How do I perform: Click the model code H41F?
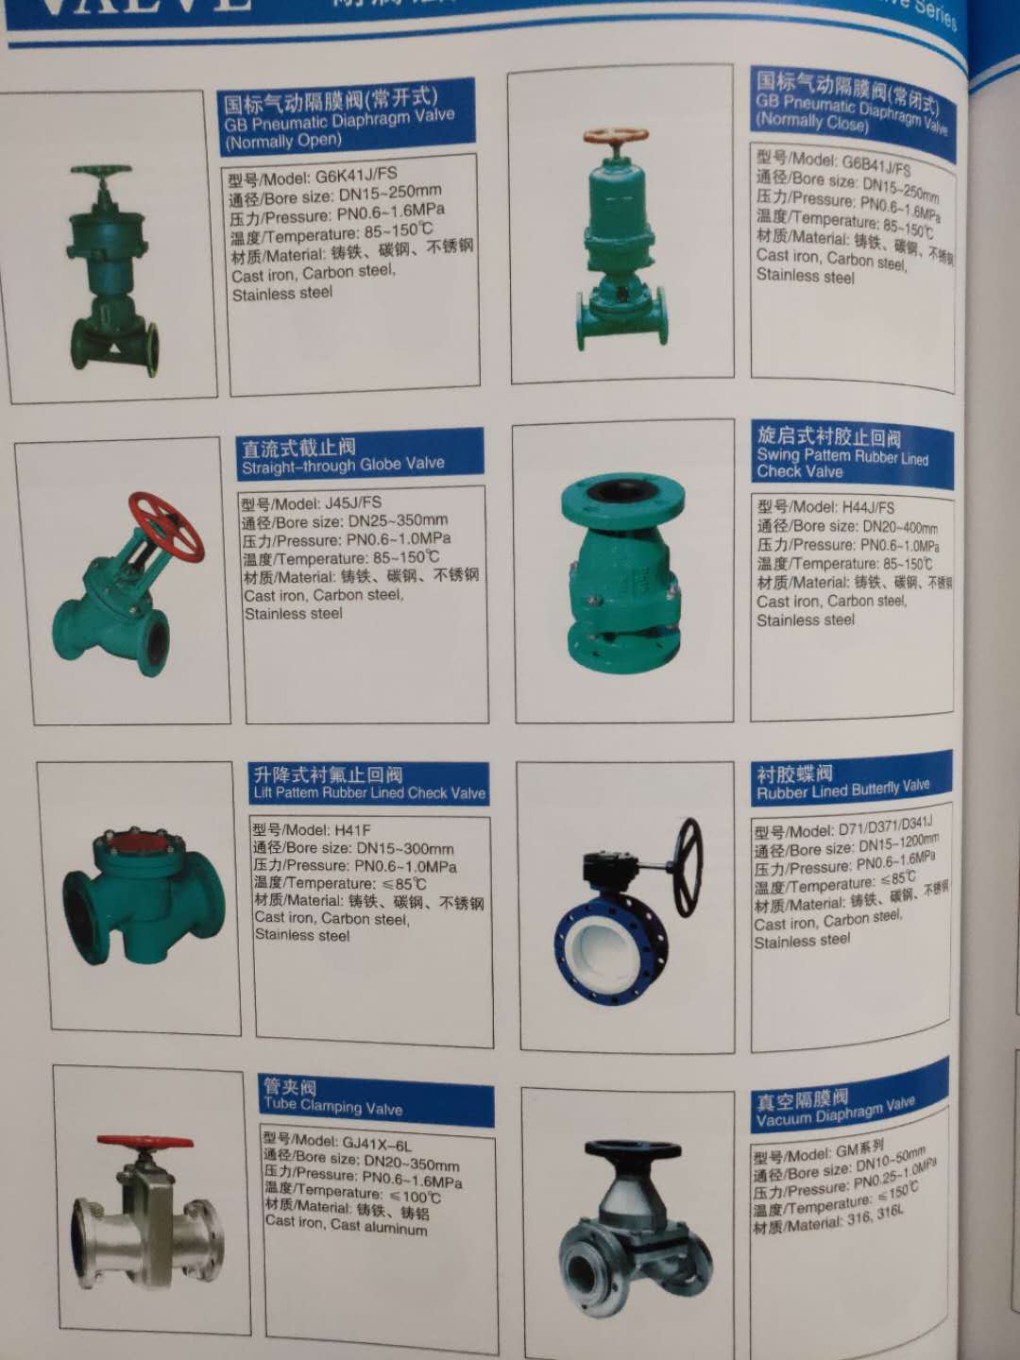point(352,830)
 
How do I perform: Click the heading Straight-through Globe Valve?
point(343,465)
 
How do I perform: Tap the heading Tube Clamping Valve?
point(333,1107)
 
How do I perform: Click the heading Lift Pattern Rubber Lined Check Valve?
point(369,793)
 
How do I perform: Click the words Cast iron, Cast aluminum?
point(346,1225)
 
